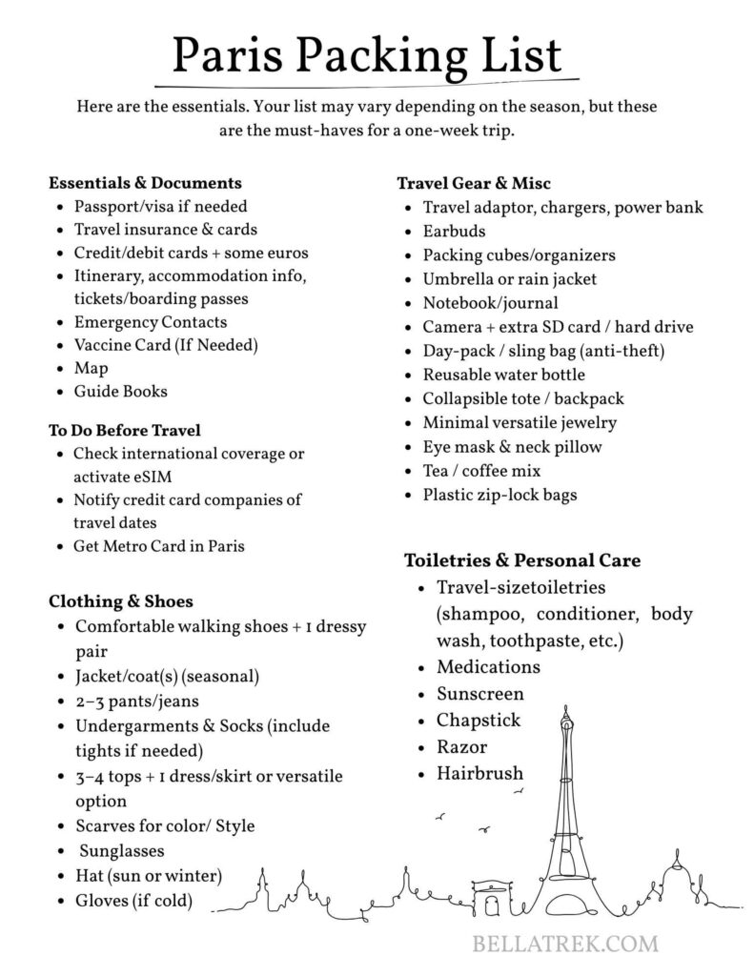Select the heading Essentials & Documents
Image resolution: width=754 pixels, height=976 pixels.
click(145, 182)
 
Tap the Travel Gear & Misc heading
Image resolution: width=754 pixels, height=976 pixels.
click(474, 183)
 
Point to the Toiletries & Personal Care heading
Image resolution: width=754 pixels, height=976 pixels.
click(522, 559)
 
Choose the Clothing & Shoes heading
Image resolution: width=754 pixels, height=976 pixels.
click(121, 601)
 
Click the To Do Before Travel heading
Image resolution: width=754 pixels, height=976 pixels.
click(125, 431)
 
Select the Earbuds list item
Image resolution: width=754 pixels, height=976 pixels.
click(454, 232)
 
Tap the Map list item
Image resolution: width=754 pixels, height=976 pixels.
click(91, 368)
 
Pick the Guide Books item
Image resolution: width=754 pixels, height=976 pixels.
click(120, 392)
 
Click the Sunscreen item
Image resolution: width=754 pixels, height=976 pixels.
click(480, 694)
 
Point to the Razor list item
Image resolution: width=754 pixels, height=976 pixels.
click(461, 747)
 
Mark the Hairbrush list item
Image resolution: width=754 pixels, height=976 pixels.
click(479, 774)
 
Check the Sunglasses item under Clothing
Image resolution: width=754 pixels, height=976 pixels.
click(122, 851)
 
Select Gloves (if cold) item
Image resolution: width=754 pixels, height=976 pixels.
click(133, 901)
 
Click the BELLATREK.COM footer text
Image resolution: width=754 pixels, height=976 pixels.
click(565, 945)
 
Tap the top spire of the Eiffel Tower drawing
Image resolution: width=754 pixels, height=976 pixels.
click(568, 713)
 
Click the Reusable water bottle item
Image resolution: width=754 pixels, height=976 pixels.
click(504, 375)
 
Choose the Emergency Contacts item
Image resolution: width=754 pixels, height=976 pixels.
click(151, 322)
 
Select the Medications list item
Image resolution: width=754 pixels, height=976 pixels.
click(488, 667)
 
